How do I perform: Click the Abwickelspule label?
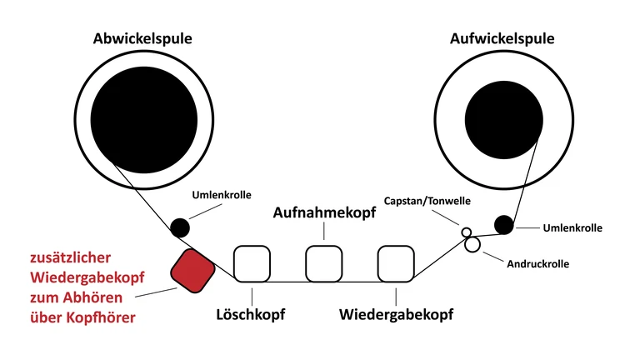click(143, 38)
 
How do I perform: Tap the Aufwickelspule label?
click(502, 38)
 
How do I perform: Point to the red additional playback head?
click(191, 270)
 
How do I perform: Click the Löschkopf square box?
click(252, 263)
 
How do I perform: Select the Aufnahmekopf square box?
click(324, 263)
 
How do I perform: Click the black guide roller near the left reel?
click(179, 227)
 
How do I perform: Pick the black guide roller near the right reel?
click(503, 224)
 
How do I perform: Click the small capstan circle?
click(467, 232)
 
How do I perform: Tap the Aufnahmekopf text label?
click(325, 212)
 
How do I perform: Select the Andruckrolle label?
click(537, 263)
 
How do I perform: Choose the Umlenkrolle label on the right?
click(572, 227)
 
